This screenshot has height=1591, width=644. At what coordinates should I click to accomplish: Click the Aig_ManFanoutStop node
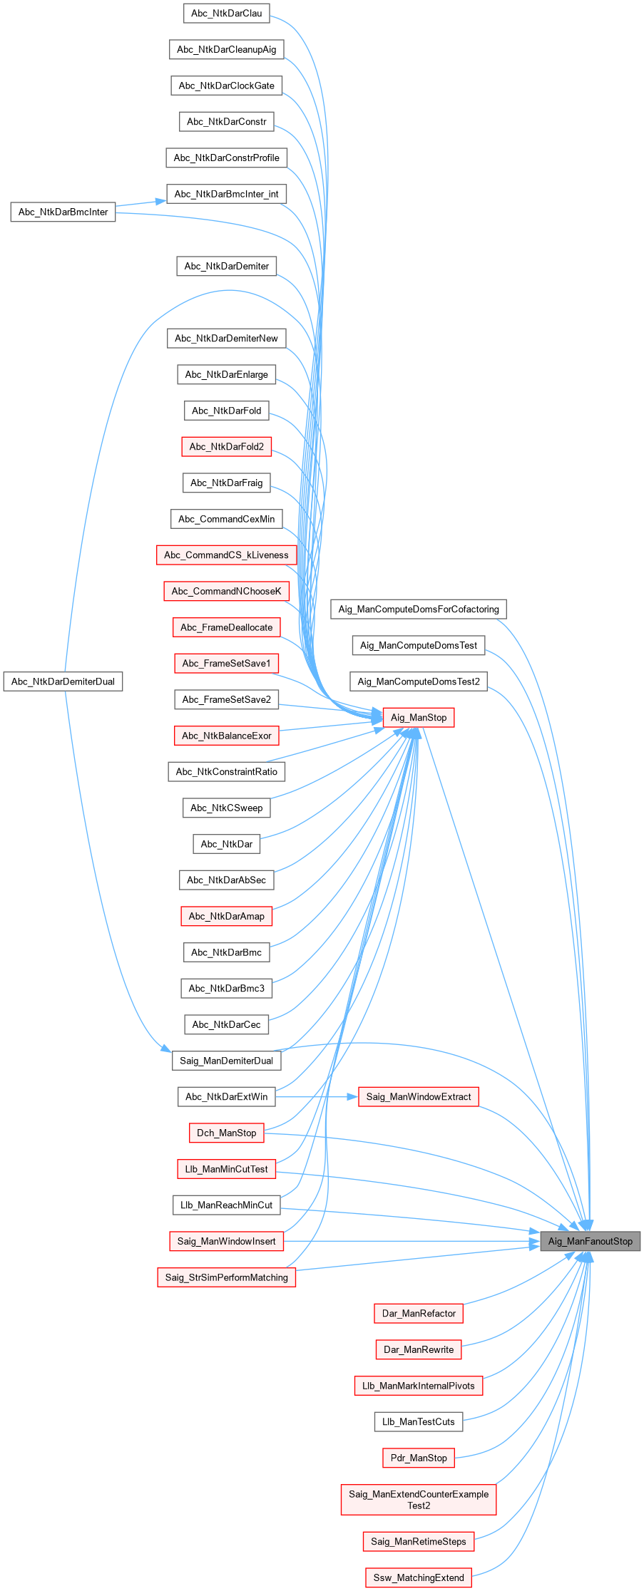(x=590, y=1241)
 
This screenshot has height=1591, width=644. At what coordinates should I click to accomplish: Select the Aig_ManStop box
(x=419, y=717)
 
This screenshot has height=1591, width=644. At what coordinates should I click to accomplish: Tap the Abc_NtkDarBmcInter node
(x=63, y=212)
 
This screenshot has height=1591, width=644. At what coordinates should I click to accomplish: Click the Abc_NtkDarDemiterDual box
(x=63, y=681)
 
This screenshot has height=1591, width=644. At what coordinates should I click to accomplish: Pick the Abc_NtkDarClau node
(x=226, y=13)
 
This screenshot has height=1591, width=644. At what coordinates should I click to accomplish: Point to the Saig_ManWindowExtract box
(x=419, y=1096)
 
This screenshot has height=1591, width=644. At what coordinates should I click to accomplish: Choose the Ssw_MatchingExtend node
(x=419, y=1577)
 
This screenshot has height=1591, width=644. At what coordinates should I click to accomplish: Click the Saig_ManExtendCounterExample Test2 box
(x=419, y=1500)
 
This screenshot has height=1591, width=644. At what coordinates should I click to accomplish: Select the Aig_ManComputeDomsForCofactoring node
(x=419, y=609)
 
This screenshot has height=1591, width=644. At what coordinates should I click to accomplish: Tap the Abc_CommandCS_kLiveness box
(x=226, y=555)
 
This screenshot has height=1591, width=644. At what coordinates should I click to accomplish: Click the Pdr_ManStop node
(x=419, y=1458)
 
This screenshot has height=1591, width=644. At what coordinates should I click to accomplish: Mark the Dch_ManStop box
(x=226, y=1133)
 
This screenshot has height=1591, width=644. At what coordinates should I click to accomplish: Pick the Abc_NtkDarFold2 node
(x=226, y=446)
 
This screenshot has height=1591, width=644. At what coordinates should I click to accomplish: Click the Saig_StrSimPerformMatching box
(x=226, y=1277)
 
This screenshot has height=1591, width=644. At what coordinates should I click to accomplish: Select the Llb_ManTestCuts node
(x=419, y=1421)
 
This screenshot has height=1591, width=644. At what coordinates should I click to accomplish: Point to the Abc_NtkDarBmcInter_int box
(x=226, y=194)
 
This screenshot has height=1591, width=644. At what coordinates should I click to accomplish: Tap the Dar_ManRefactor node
(x=419, y=1313)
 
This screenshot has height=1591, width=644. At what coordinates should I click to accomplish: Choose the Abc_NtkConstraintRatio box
(x=226, y=771)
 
